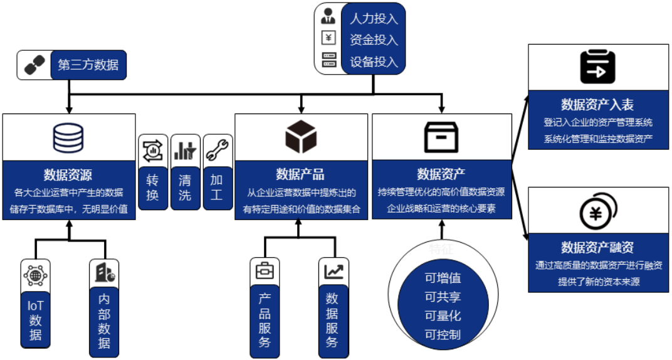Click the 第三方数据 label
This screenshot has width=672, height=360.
88,65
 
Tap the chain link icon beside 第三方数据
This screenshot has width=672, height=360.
34,65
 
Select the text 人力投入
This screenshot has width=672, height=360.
374,18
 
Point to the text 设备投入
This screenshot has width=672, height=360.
374,61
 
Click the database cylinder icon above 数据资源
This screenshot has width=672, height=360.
68,137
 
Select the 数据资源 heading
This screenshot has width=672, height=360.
68,174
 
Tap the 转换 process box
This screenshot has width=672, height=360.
153,188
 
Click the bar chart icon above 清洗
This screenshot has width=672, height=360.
185,150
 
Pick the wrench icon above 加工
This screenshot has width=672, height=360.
218,149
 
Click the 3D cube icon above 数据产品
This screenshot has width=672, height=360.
301,137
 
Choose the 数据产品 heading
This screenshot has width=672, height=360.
300,174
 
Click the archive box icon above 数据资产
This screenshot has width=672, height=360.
441,137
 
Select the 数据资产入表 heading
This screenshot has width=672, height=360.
598,104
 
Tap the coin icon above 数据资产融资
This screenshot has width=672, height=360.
597,212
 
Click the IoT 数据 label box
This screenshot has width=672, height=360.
36,319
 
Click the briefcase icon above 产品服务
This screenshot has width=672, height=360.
265,272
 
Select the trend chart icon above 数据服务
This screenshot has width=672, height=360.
333,272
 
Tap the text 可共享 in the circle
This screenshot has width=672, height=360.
443,297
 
